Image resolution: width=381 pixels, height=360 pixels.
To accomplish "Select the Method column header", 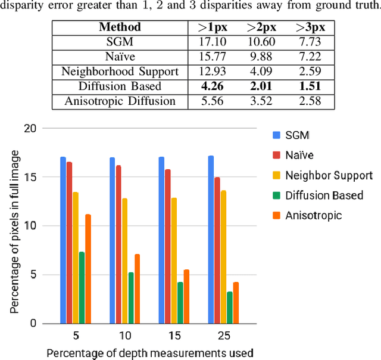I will [x=120, y=27].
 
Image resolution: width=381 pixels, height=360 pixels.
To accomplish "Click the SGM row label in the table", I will [x=120, y=42].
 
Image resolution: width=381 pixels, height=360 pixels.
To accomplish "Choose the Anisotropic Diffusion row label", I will [x=120, y=101].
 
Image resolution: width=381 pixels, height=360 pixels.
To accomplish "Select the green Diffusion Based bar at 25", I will [x=229, y=308].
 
